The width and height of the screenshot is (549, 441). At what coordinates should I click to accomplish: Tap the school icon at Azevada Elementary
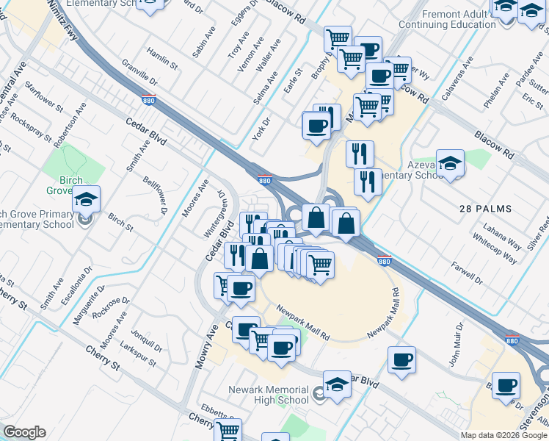point(451,165)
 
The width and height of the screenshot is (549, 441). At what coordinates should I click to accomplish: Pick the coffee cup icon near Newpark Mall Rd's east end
point(401,361)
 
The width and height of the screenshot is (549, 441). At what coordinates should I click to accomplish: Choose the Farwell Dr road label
point(468,274)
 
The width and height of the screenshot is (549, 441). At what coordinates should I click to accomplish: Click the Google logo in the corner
point(24,432)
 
